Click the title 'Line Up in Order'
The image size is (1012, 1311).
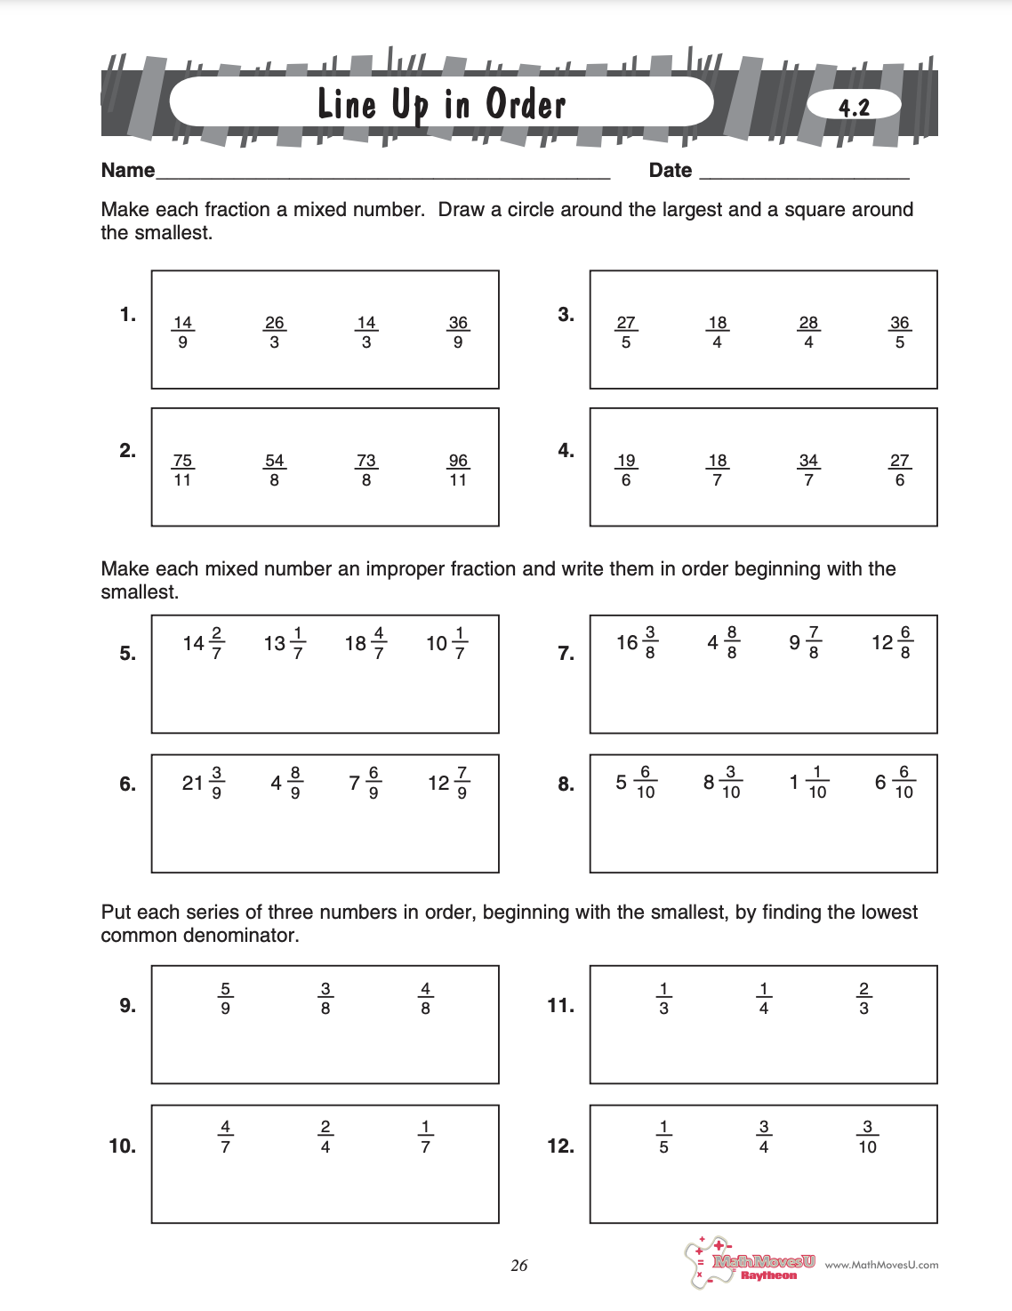click(441, 105)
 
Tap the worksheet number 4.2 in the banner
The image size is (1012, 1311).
click(854, 108)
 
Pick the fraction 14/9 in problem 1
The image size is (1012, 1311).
click(182, 332)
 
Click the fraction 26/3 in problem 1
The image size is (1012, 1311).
click(274, 332)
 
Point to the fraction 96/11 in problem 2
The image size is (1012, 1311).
click(458, 470)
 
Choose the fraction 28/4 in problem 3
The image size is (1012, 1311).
click(808, 332)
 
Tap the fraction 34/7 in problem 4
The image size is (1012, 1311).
click(808, 470)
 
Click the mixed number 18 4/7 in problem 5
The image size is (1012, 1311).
click(365, 642)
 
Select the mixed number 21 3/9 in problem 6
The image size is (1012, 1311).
click(203, 782)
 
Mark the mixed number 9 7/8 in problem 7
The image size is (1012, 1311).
click(805, 642)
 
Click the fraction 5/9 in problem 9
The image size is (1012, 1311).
click(225, 998)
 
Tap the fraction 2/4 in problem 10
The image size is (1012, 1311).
click(325, 1137)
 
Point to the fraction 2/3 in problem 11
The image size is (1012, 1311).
click(863, 998)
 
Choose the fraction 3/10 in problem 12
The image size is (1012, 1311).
click(867, 1137)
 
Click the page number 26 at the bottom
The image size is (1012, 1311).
click(519, 1265)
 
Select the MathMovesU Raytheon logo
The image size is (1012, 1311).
click(751, 1263)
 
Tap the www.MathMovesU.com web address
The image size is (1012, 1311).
click(881, 1265)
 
